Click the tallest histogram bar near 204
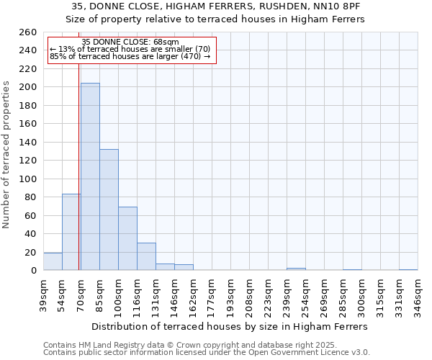[x=90, y=176]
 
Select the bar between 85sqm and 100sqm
[x=109, y=210]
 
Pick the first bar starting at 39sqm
[x=53, y=261]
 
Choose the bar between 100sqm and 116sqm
[x=127, y=238]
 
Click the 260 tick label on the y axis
[x=28, y=32]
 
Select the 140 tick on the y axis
[x=28, y=143]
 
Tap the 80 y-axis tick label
[x=31, y=197]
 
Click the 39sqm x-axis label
[x=43, y=292]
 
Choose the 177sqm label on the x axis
[x=212, y=292]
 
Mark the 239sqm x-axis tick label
[x=287, y=292]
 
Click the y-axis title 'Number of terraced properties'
[x=6, y=155]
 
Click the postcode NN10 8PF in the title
[x=338, y=6]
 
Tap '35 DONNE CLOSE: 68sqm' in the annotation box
[x=130, y=42]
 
